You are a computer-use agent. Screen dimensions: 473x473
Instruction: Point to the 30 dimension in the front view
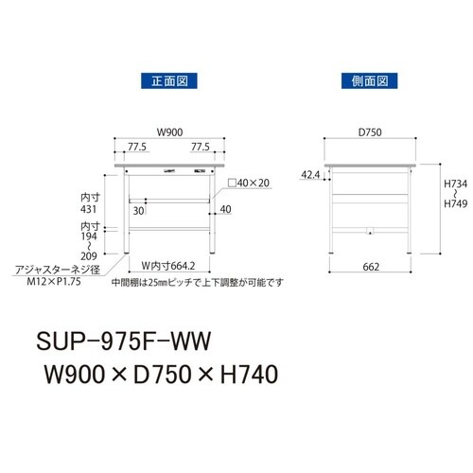[x=138, y=209]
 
